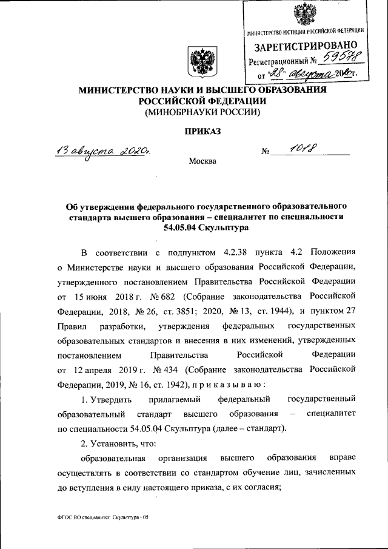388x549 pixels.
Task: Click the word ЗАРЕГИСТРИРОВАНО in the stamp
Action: [x=306, y=46]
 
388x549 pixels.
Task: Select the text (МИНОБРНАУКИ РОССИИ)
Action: [x=201, y=112]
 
